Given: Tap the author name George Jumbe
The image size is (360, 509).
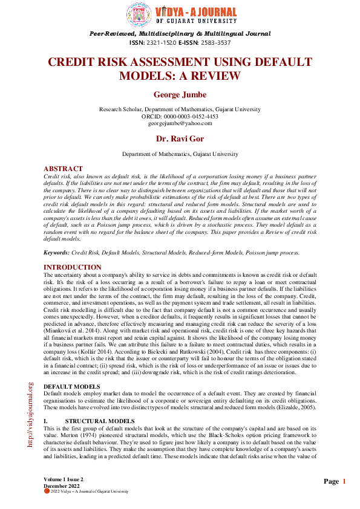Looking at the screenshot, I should (180, 95).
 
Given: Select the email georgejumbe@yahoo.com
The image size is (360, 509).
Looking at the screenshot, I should (180, 123).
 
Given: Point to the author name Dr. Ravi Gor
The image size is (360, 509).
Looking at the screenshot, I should (180, 140).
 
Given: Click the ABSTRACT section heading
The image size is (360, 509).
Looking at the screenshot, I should (63, 169).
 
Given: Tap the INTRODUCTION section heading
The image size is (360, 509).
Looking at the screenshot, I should (73, 267).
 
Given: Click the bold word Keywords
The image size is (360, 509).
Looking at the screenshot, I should (56, 252).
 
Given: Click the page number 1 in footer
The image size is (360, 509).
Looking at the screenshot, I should (344, 481).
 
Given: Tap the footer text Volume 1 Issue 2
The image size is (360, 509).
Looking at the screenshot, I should (64, 479).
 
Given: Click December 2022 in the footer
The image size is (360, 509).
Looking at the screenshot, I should (61, 485).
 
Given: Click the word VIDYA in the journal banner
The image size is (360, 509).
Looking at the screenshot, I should (171, 11).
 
